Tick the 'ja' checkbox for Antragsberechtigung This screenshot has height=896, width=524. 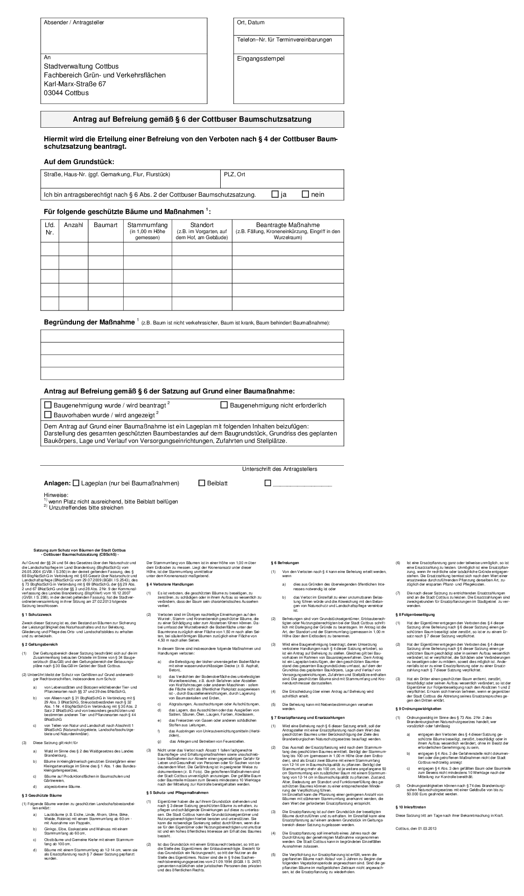tap(275, 194)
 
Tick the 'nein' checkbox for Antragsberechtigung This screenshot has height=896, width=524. tap(306, 194)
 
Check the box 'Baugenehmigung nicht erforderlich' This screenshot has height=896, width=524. tap(224, 405)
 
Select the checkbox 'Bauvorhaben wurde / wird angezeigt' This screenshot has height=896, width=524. tap(48, 414)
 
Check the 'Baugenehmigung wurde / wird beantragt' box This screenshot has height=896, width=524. tap(48, 405)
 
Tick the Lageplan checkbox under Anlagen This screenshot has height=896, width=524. tap(77, 483)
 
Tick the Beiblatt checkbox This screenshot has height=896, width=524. tap(202, 483)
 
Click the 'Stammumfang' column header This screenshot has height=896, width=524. tap(147, 225)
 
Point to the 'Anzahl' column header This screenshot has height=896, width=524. tap(73, 225)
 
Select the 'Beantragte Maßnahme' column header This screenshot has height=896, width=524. tap(288, 225)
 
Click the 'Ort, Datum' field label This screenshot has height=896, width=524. tap(251, 22)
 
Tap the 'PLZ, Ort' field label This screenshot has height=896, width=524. tap(234, 174)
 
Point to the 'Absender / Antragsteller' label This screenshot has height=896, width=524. tap(74, 22)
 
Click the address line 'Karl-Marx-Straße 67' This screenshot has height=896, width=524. tap(75, 84)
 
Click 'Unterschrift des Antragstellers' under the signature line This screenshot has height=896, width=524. tap(279, 469)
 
